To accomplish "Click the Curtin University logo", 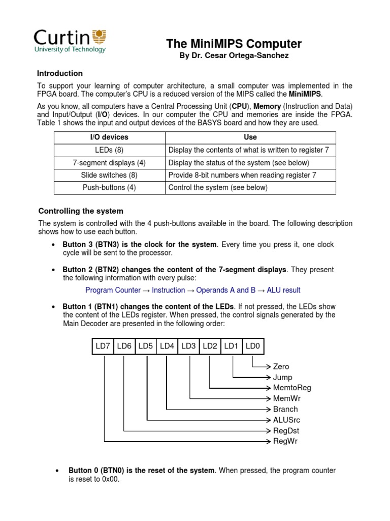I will [x=70, y=41].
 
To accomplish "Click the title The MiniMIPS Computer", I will [x=234, y=44].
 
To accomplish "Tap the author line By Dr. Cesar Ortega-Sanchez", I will [x=234, y=55].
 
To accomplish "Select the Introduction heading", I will [x=60, y=73].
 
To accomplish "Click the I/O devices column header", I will [x=109, y=137].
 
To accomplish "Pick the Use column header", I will [x=250, y=137].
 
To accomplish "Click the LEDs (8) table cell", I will [x=109, y=150].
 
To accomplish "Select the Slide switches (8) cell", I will [x=109, y=175].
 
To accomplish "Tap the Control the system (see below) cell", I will [x=217, y=187].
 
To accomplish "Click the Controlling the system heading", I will [x=81, y=211].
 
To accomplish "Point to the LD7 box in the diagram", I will [x=103, y=346].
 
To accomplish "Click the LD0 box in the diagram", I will [x=252, y=346].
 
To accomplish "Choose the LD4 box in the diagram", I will [x=167, y=346].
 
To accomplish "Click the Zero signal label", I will [x=281, y=366].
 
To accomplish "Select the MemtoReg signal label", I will [x=292, y=388].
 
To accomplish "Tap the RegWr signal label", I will [x=285, y=441].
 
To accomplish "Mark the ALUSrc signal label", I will [x=286, y=420].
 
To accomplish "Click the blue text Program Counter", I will [x=113, y=290].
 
